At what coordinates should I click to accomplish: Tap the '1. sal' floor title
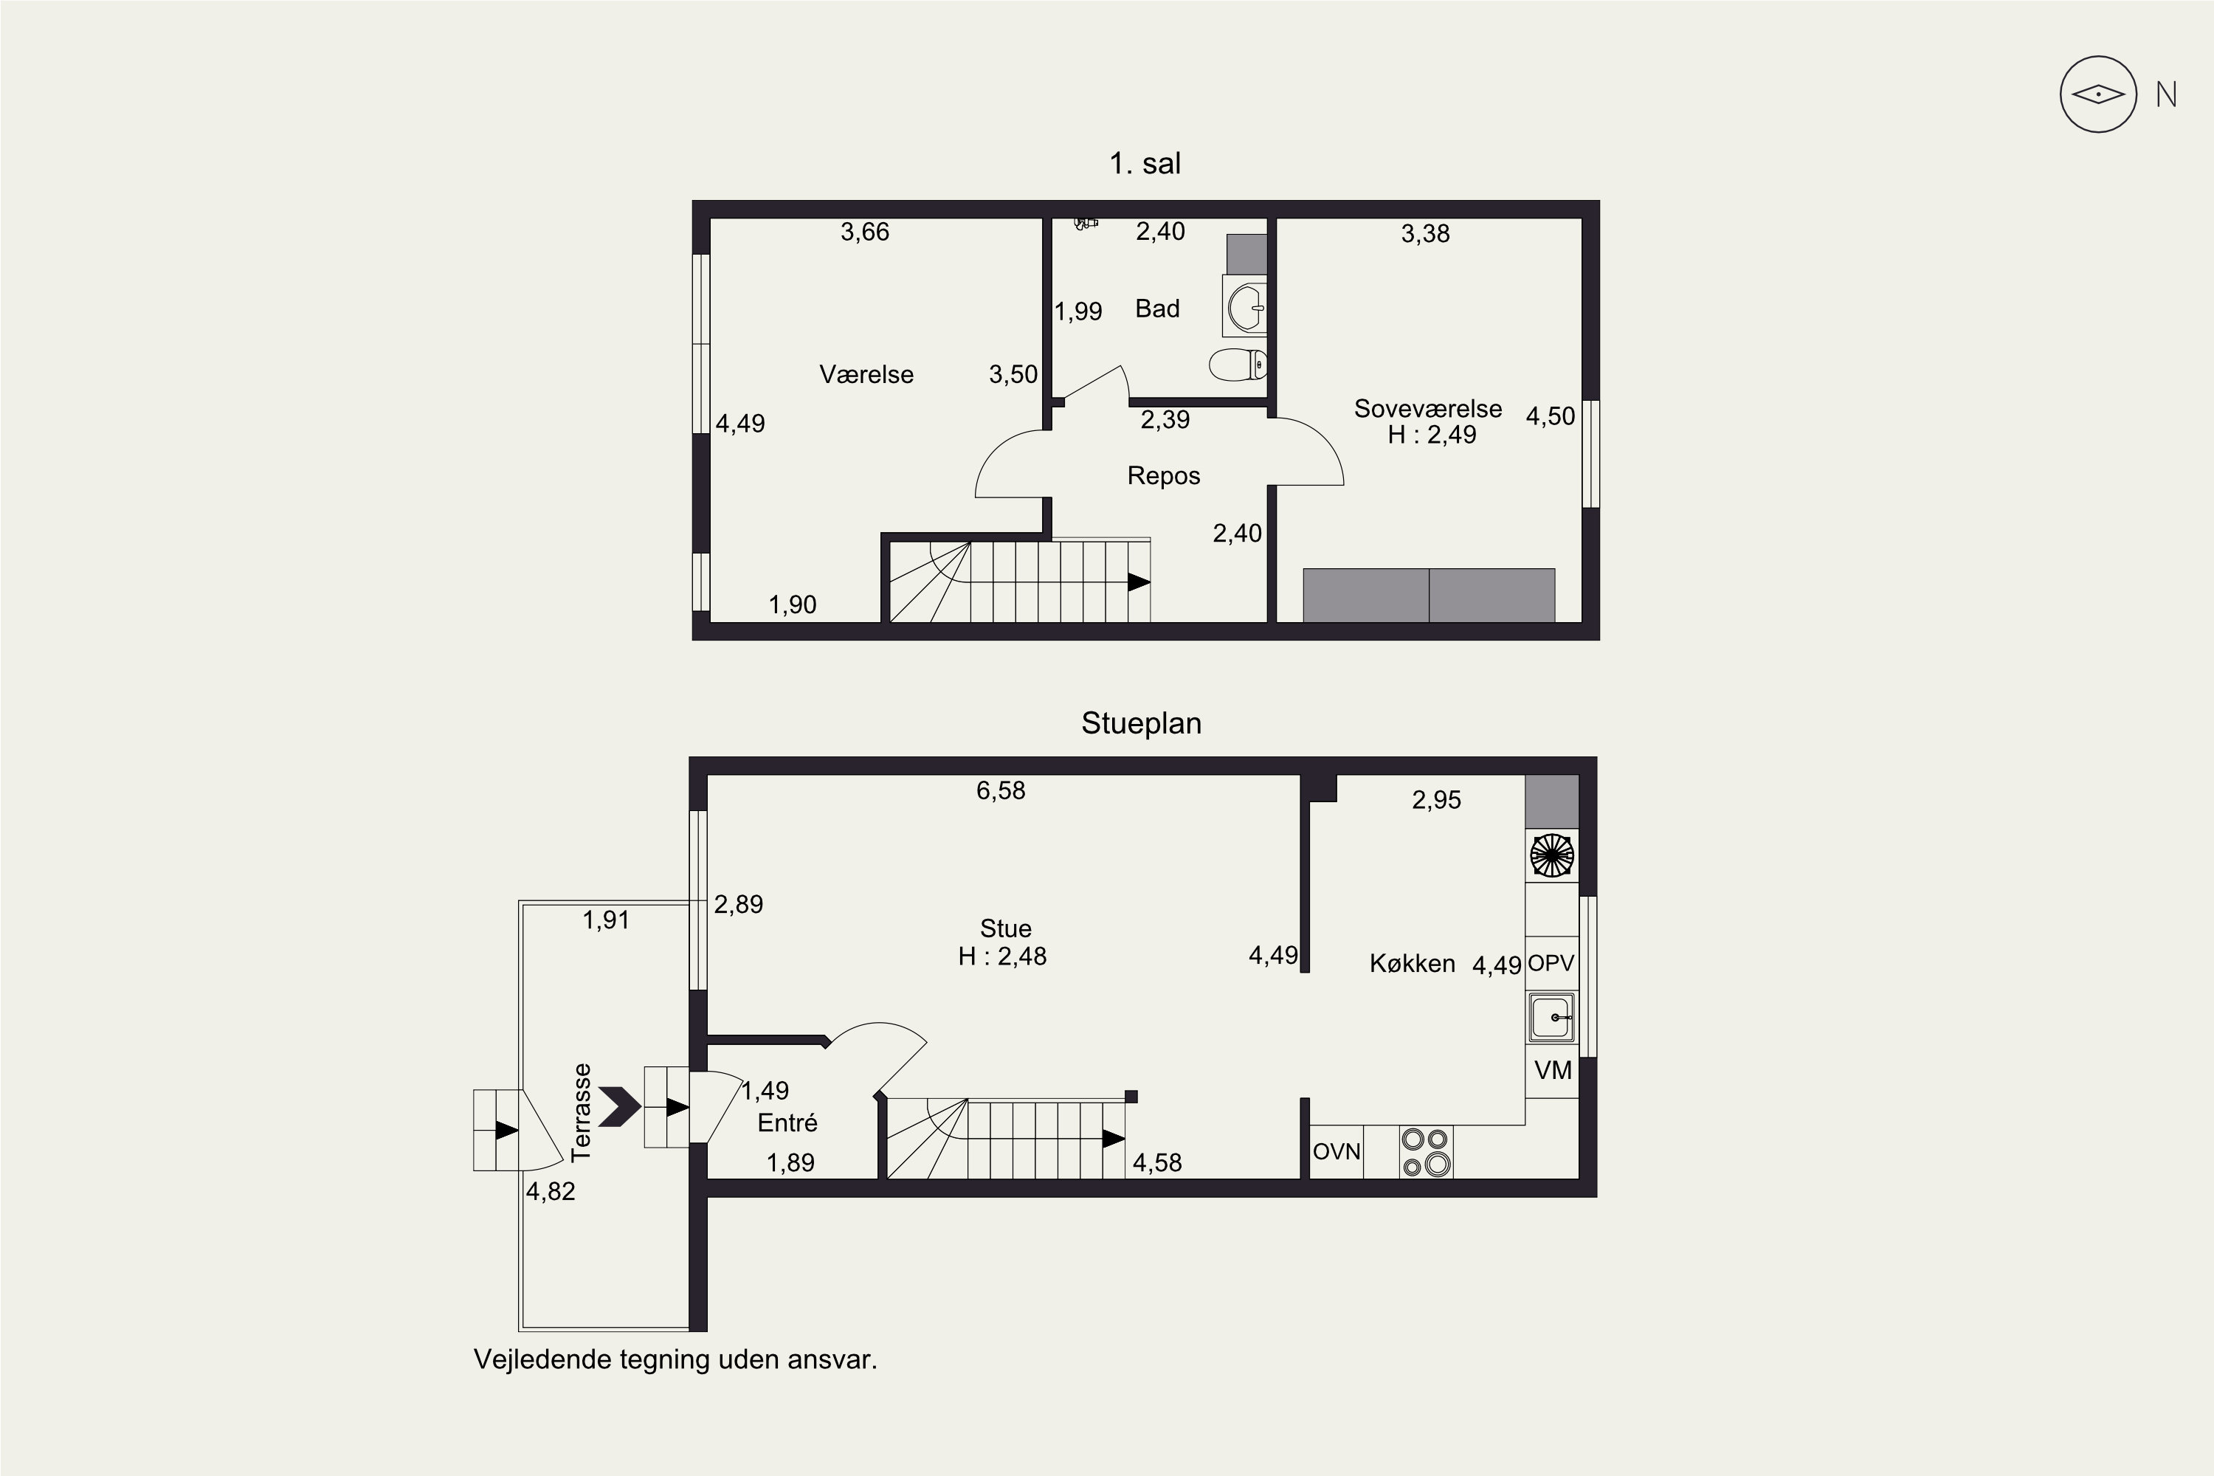1145,164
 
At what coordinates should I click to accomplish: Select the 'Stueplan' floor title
1141,723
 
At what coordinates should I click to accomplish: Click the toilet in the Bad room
1237,365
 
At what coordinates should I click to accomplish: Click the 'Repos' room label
1164,475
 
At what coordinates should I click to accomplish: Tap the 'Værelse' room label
866,375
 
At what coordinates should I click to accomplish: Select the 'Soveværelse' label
1428,409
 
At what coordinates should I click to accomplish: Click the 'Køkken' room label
1412,963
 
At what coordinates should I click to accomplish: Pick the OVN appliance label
1337,1151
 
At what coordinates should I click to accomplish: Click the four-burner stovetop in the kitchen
1426,1152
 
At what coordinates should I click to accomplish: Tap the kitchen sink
1551,1018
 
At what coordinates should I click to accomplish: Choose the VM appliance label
1553,1070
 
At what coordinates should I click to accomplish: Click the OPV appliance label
1551,964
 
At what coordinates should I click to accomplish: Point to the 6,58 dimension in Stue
1001,790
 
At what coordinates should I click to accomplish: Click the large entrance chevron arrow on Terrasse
618,1107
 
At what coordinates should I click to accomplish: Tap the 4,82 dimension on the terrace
550,1192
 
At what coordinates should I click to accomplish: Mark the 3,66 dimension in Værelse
865,232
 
